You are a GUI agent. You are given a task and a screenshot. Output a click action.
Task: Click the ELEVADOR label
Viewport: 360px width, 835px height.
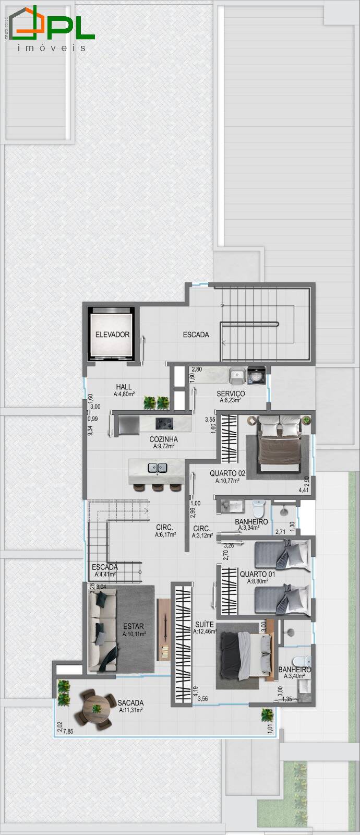tap(112, 335)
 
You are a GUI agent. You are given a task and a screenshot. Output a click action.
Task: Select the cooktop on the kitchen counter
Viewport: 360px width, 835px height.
tap(166, 422)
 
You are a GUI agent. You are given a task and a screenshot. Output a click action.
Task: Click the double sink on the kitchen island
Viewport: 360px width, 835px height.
tap(157, 468)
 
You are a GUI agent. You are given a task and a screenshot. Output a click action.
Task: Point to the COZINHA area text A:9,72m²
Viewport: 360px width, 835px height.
tap(163, 447)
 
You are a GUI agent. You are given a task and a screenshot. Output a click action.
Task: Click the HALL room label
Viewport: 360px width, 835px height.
tap(124, 387)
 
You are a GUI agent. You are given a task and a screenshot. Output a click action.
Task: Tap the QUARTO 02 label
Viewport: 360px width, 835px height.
tap(227, 473)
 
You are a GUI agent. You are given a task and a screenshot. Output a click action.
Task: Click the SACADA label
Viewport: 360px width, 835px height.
tap(130, 703)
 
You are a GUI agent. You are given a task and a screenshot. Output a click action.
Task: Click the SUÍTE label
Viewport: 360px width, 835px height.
tap(204, 624)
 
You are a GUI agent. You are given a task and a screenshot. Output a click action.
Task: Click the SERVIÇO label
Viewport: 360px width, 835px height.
tap(231, 393)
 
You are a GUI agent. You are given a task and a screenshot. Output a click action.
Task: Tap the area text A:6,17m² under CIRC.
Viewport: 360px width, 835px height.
tap(165, 535)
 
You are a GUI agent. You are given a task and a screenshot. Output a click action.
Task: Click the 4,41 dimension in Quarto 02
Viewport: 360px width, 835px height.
tap(304, 490)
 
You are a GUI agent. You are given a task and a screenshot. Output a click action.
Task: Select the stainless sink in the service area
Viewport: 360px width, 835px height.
tap(237, 374)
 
